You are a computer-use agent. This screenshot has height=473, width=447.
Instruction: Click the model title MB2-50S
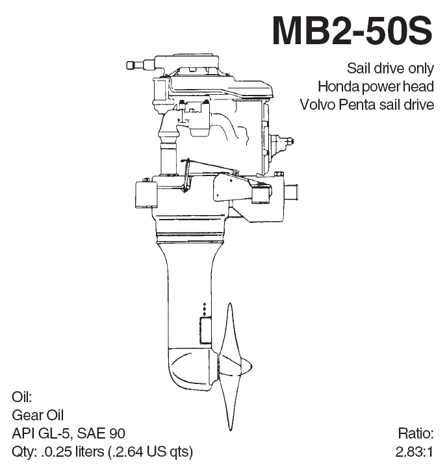(x=352, y=31)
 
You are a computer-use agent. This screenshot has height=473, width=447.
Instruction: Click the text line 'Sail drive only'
(x=390, y=68)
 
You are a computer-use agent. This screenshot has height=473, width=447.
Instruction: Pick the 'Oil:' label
(x=22, y=396)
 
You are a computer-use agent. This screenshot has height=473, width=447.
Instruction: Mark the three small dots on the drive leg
(x=205, y=309)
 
